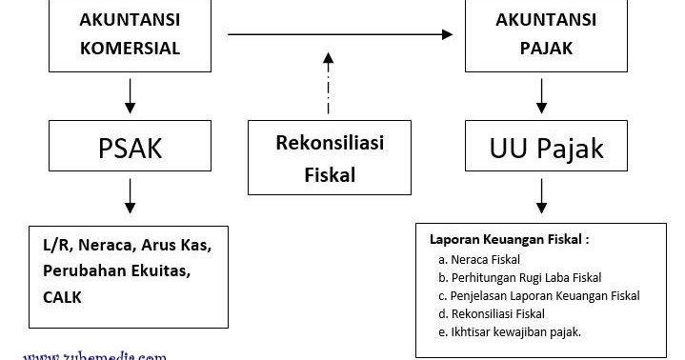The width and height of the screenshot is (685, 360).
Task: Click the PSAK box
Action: click(130, 150)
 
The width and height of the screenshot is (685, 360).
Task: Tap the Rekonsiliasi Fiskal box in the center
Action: click(329, 158)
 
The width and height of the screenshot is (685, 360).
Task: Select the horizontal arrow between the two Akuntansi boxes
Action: click(339, 35)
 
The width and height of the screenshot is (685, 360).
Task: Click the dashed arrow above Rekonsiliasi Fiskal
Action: click(329, 86)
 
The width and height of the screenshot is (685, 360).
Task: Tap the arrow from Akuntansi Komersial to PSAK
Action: click(130, 96)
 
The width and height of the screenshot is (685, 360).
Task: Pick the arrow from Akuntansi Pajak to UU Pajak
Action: click(542, 96)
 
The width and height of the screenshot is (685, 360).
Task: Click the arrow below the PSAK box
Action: click(130, 198)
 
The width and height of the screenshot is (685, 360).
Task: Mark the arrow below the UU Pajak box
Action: click(542, 198)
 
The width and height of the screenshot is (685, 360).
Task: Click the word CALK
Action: click(62, 297)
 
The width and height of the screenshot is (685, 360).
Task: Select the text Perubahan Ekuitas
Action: click(116, 271)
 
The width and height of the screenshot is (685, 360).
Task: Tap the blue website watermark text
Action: click(95, 354)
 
